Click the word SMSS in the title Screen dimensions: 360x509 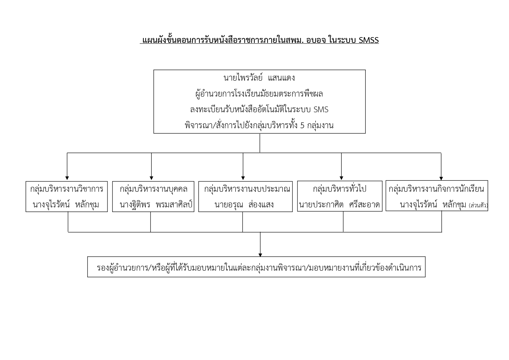click(x=368, y=40)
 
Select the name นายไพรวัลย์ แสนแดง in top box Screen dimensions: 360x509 click(x=259, y=78)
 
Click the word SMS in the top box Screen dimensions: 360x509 click(x=321, y=110)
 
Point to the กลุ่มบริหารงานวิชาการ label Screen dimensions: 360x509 click(x=67, y=189)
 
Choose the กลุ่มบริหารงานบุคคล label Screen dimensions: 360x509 click(x=153, y=189)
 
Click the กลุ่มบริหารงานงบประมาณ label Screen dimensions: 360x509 click(x=247, y=189)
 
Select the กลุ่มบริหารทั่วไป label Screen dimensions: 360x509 click(x=340, y=189)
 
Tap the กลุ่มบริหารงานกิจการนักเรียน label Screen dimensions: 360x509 click(x=436, y=189)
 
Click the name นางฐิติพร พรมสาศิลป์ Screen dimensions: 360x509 click(x=156, y=205)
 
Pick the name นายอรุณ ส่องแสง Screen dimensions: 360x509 click(x=244, y=205)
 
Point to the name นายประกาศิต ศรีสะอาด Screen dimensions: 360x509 click(x=339, y=205)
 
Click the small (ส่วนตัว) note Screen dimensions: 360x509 click(x=478, y=206)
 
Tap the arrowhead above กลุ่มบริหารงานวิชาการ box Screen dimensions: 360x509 click(x=67, y=178)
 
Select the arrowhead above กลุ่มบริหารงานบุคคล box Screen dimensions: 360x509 click(x=151, y=178)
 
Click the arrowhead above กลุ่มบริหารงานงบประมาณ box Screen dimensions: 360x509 click(x=243, y=178)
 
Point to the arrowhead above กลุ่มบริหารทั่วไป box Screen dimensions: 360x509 click(x=341, y=178)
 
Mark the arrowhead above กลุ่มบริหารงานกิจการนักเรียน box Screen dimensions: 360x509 click(x=441, y=178)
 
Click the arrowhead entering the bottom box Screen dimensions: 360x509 click(x=260, y=255)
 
